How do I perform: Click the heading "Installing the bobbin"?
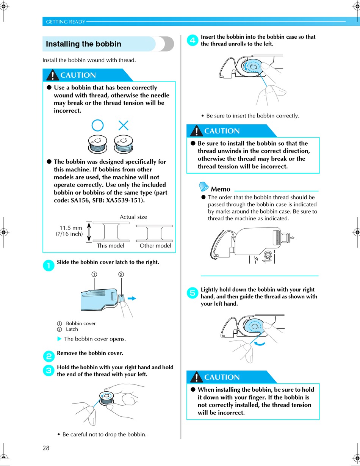[x=83, y=44]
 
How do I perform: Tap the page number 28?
[x=46, y=448]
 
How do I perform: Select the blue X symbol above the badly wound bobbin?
[x=124, y=125]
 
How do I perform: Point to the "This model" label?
[x=110, y=246]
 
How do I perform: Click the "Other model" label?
[x=155, y=246]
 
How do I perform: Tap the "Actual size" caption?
[x=133, y=217]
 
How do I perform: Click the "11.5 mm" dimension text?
[x=71, y=228]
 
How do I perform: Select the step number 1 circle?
[x=49, y=265]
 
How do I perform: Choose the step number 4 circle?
[x=193, y=40]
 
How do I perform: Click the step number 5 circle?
[x=193, y=293]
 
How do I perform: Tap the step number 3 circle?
[x=49, y=370]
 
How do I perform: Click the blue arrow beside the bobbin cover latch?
[x=132, y=298]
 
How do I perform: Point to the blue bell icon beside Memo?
[x=203, y=187]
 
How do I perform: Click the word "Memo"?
[x=220, y=189]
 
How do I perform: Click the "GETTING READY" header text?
[x=66, y=22]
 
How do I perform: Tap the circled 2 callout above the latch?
[x=121, y=274]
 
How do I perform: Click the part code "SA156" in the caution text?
[x=80, y=200]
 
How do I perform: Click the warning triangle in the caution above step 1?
[x=53, y=75]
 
